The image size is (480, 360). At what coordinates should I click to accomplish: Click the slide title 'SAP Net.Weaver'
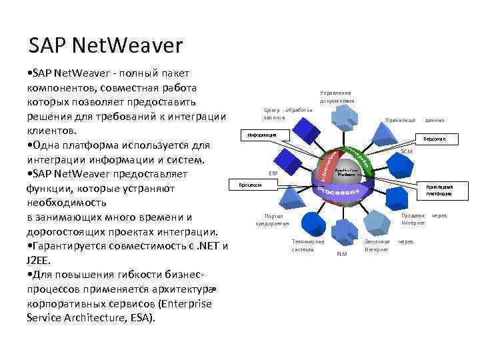(x=105, y=46)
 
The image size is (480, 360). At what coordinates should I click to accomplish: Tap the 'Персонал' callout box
(x=435, y=139)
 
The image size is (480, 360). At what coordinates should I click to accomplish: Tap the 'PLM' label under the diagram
(x=342, y=254)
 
